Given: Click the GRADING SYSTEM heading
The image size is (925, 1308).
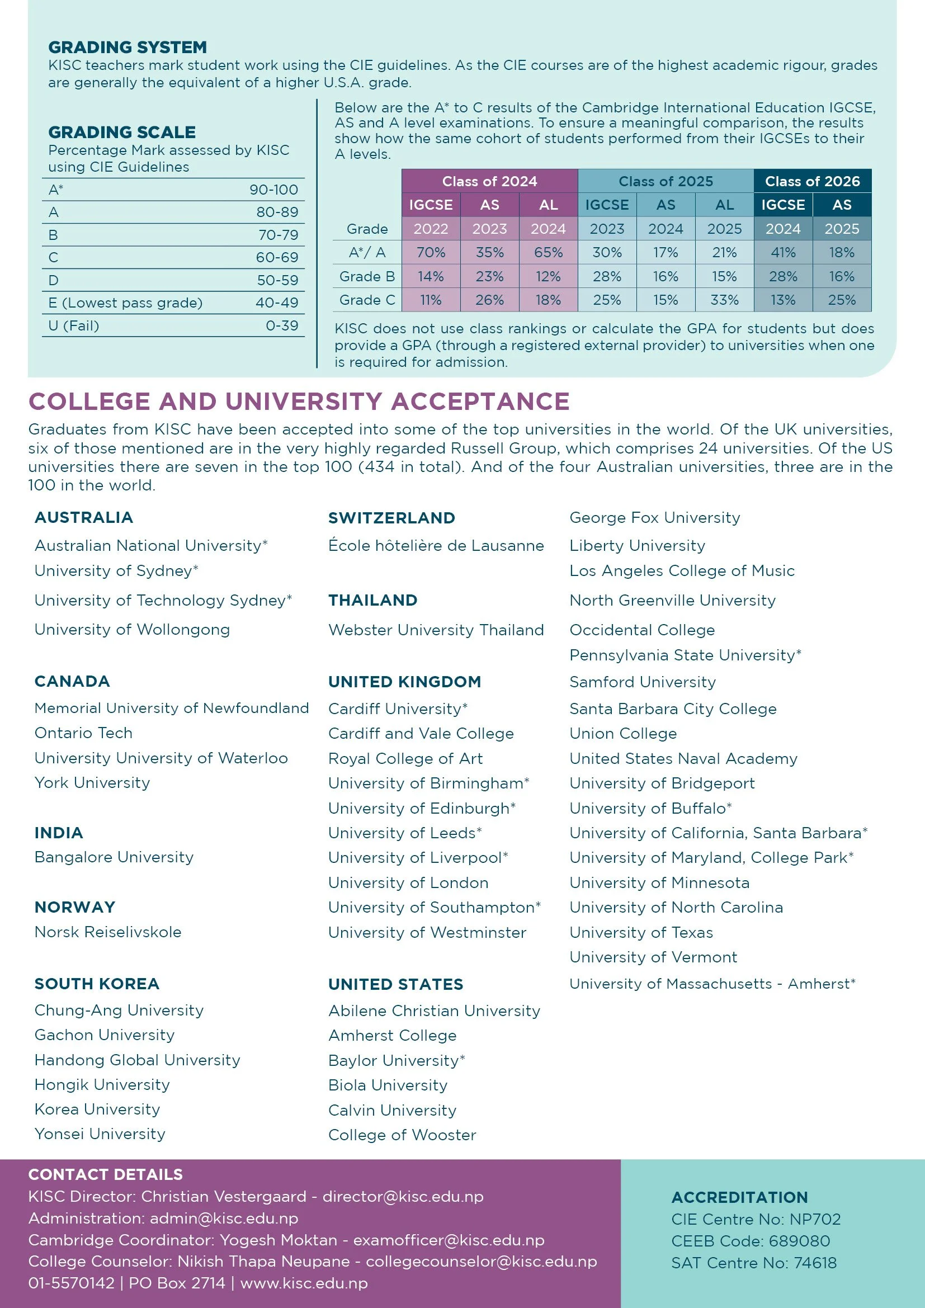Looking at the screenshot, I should click(x=127, y=47).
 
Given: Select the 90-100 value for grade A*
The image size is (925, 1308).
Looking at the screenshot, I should click(x=273, y=190).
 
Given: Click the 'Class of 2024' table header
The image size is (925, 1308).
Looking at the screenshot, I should click(x=489, y=181).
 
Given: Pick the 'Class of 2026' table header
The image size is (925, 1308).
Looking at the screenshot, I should click(x=811, y=181).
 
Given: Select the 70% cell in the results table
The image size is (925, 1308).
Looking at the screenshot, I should click(x=431, y=252).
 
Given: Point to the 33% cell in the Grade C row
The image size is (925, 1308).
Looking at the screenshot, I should click(x=724, y=300).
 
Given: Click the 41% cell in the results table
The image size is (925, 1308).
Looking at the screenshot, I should click(x=782, y=252).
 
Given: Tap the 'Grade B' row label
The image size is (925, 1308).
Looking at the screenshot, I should click(x=367, y=276).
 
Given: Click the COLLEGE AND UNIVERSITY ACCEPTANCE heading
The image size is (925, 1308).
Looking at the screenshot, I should click(x=299, y=401).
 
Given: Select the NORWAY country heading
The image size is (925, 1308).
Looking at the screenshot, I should click(x=74, y=907).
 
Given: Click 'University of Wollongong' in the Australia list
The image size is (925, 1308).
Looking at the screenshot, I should click(x=132, y=630).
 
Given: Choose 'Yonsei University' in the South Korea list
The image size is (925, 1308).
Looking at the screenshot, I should click(x=100, y=1134).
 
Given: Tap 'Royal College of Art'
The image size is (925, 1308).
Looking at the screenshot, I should click(x=405, y=758).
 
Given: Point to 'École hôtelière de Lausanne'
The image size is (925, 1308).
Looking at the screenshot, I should click(x=436, y=545).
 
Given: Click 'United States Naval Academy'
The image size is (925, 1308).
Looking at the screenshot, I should click(x=683, y=758).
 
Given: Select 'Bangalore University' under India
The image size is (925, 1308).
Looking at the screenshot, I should click(x=114, y=857).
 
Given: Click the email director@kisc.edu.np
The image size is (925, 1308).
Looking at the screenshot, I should click(x=403, y=1196).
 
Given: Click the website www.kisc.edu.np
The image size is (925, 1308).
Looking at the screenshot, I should click(x=304, y=1283).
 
